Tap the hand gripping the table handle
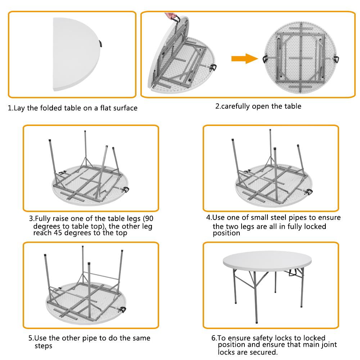point(170,16)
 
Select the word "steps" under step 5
point(43,346)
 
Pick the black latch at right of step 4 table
point(309,191)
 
